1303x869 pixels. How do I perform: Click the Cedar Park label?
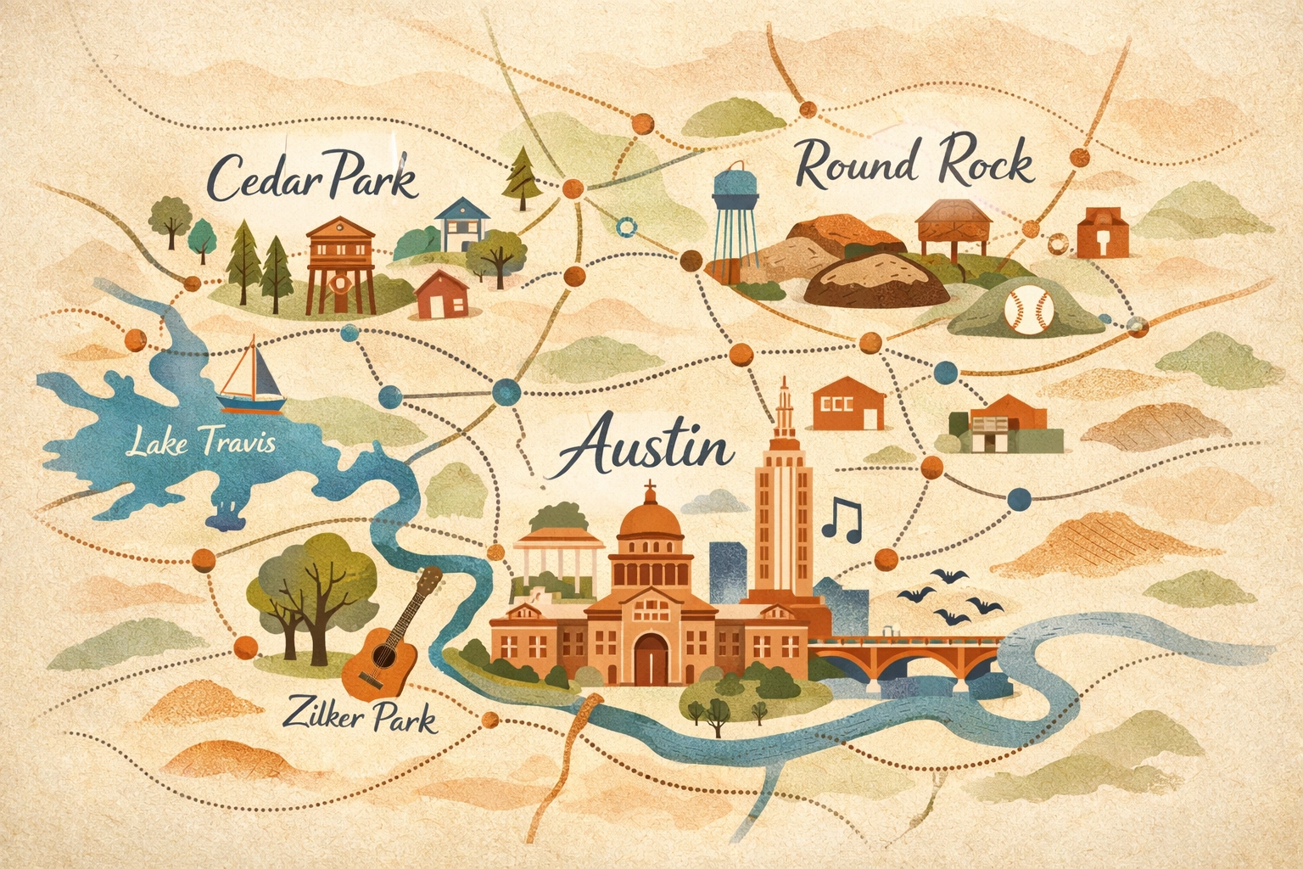(x=312, y=176)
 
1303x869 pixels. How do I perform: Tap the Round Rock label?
(x=914, y=164)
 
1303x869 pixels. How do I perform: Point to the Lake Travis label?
(x=200, y=442)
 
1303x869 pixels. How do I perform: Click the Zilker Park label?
(x=361, y=715)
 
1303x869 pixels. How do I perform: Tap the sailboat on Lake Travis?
(x=250, y=376)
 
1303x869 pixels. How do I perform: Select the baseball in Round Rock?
(x=1028, y=308)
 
